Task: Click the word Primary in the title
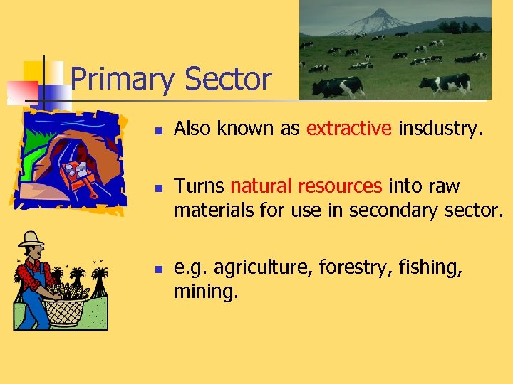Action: coord(122,80)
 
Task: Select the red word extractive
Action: coord(348,129)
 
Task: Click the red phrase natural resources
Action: coord(306,187)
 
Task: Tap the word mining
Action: coord(207,292)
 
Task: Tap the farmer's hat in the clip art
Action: coord(31,240)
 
